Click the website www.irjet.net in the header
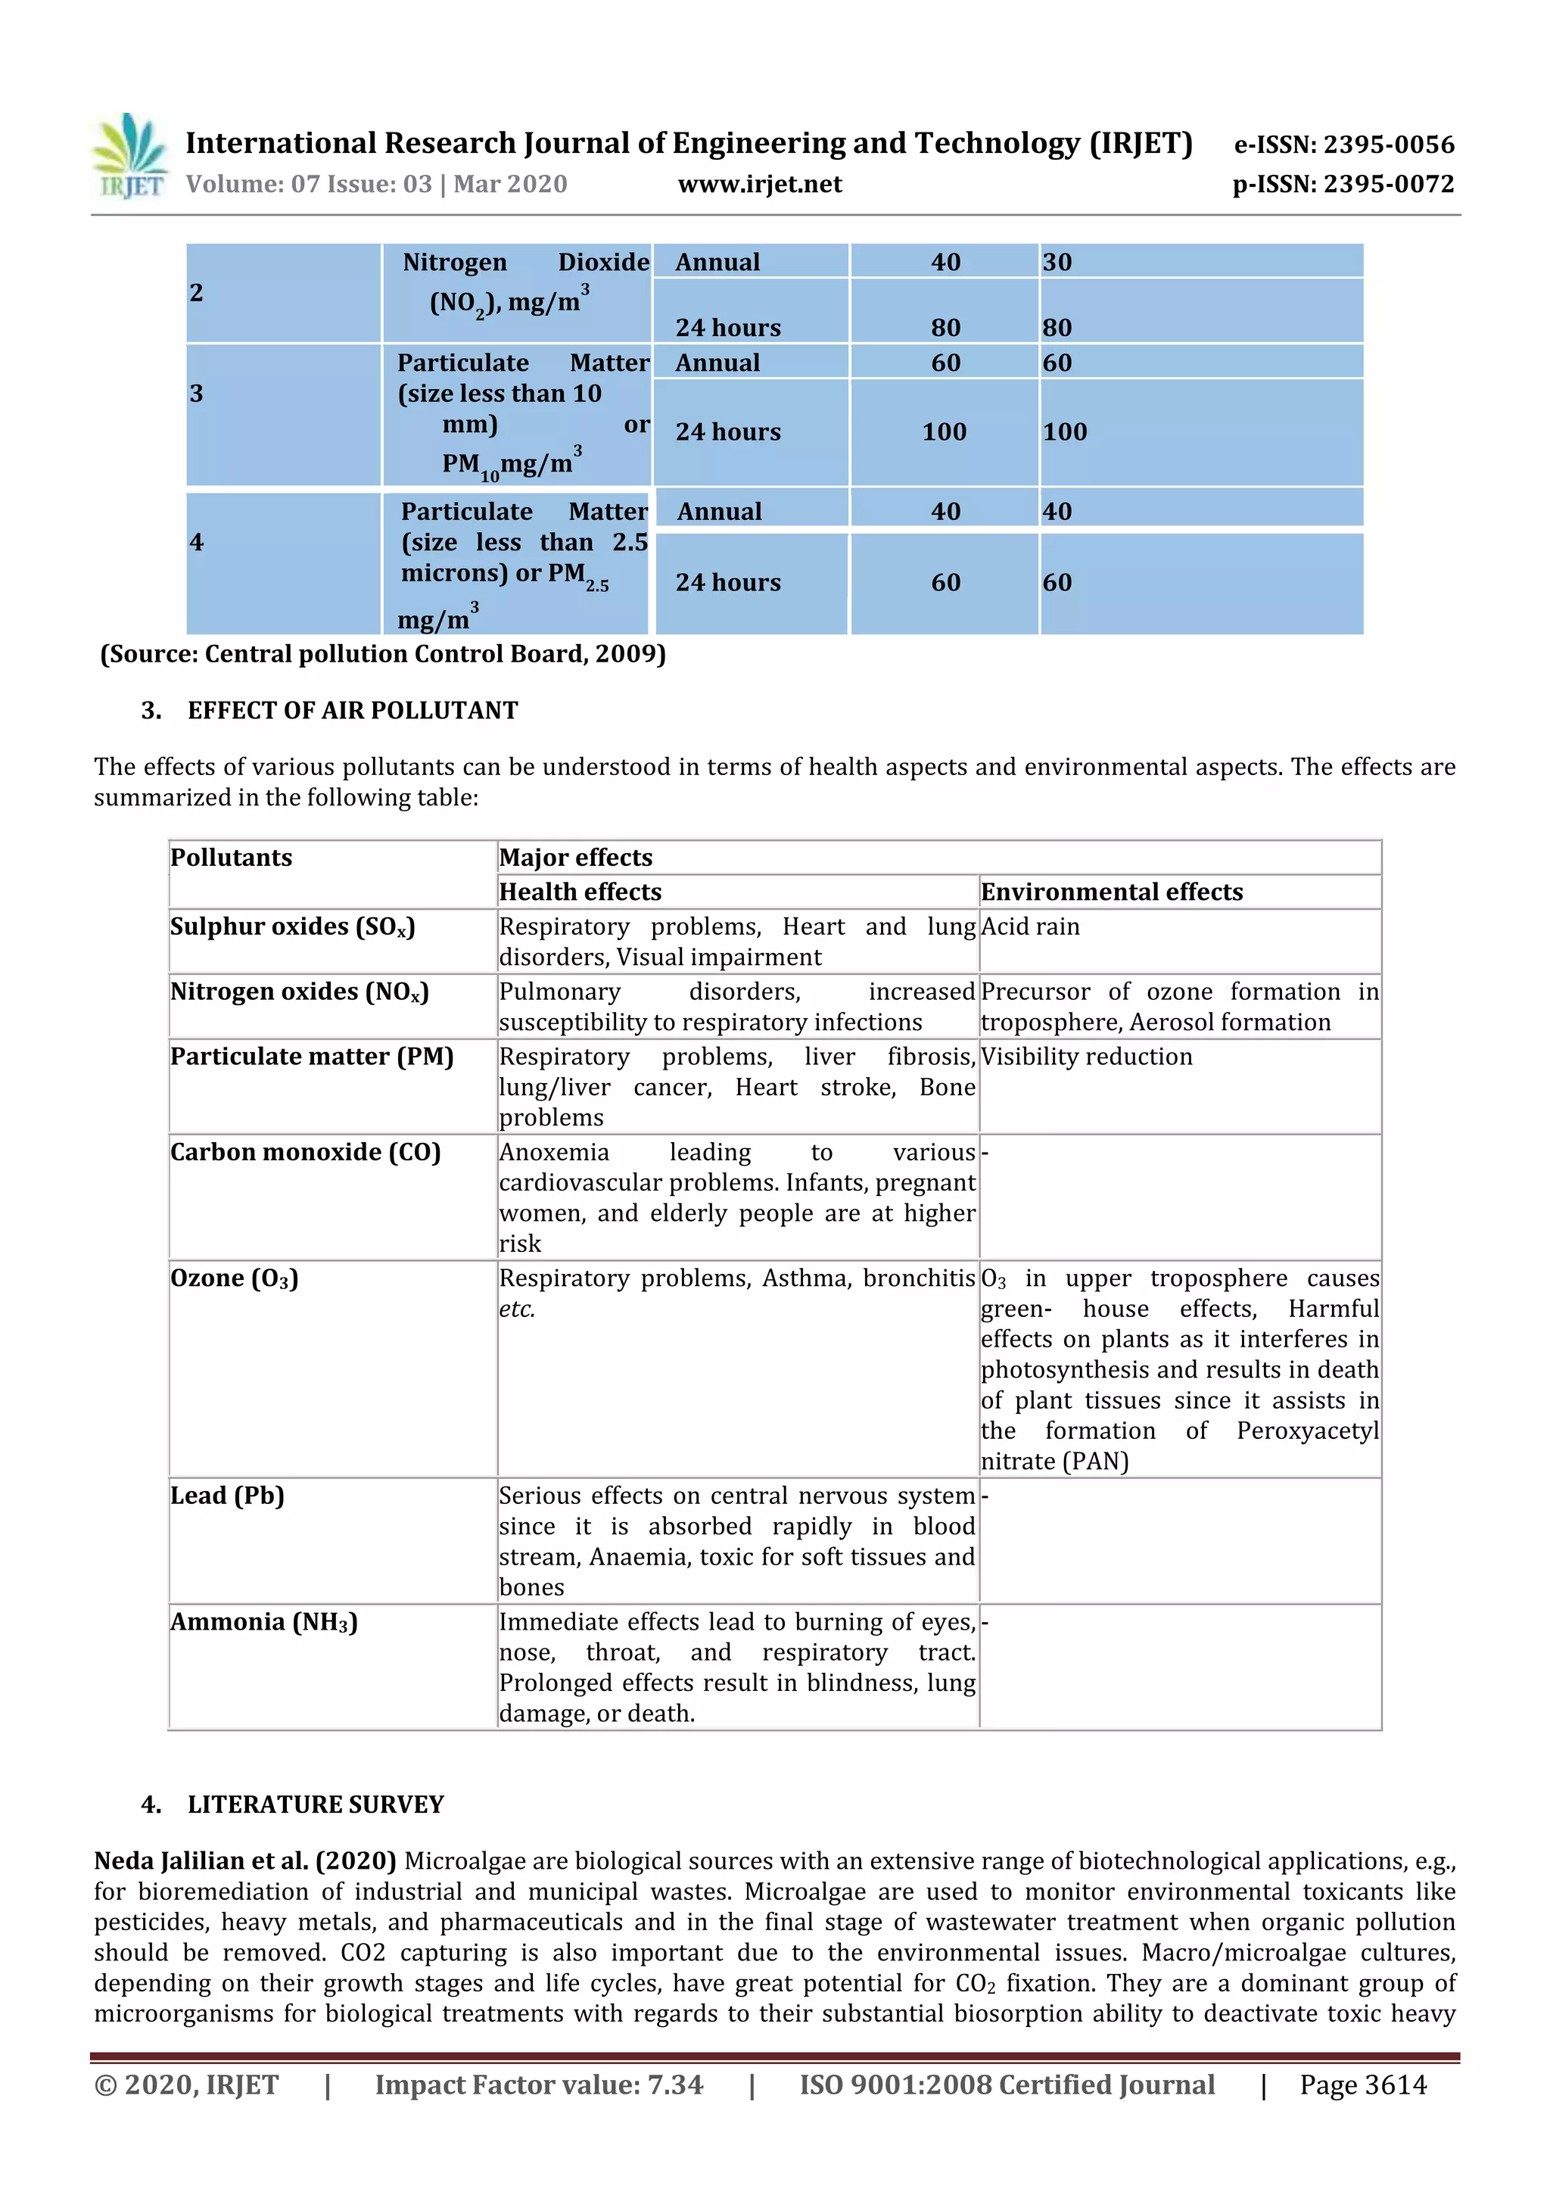pyautogui.click(x=760, y=184)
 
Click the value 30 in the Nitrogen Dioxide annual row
pyautogui.click(x=1057, y=263)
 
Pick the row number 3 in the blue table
pyautogui.click(x=197, y=394)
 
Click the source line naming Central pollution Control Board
pyautogui.click(x=383, y=654)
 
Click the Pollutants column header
pyautogui.click(x=232, y=858)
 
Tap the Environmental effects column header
pyautogui.click(x=1112, y=892)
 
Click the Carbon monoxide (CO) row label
pyautogui.click(x=306, y=1151)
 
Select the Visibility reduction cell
pyautogui.click(x=1086, y=1056)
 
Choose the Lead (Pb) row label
pyautogui.click(x=227, y=1495)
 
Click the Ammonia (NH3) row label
pyautogui.click(x=263, y=1621)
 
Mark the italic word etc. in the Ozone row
pyautogui.click(x=516, y=1309)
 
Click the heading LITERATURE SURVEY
pyautogui.click(x=316, y=1804)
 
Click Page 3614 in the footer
pyautogui.click(x=1362, y=2085)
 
